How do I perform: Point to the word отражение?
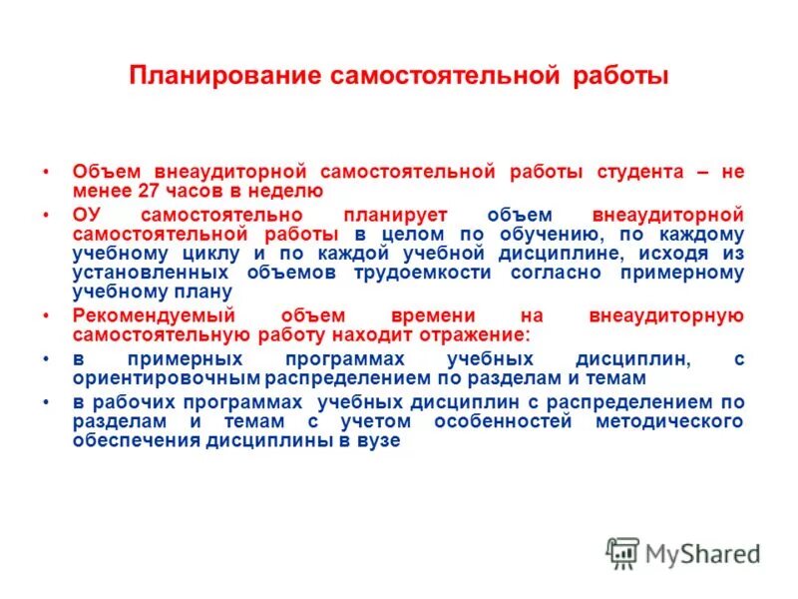point(473,335)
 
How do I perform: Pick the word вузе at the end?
point(378,440)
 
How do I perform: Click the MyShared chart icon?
point(622,553)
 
